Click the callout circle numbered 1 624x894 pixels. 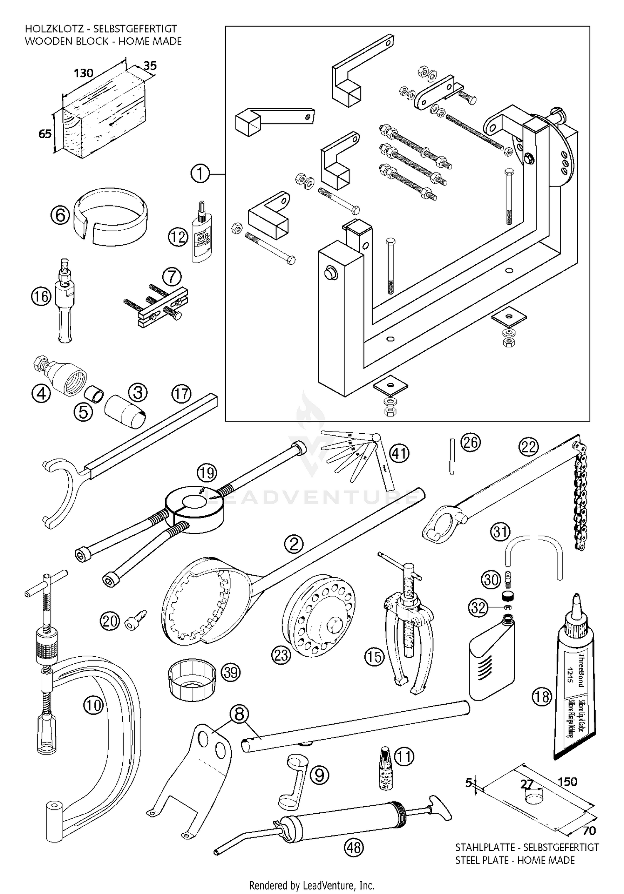(x=200, y=173)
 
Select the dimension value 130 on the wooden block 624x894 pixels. (x=83, y=73)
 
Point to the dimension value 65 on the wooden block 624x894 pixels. (x=45, y=134)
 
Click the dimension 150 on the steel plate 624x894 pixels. (x=567, y=781)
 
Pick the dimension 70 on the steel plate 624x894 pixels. (x=589, y=831)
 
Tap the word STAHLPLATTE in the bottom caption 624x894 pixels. (x=487, y=847)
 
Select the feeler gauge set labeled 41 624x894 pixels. (x=358, y=458)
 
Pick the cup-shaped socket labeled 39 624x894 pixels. (x=192, y=679)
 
